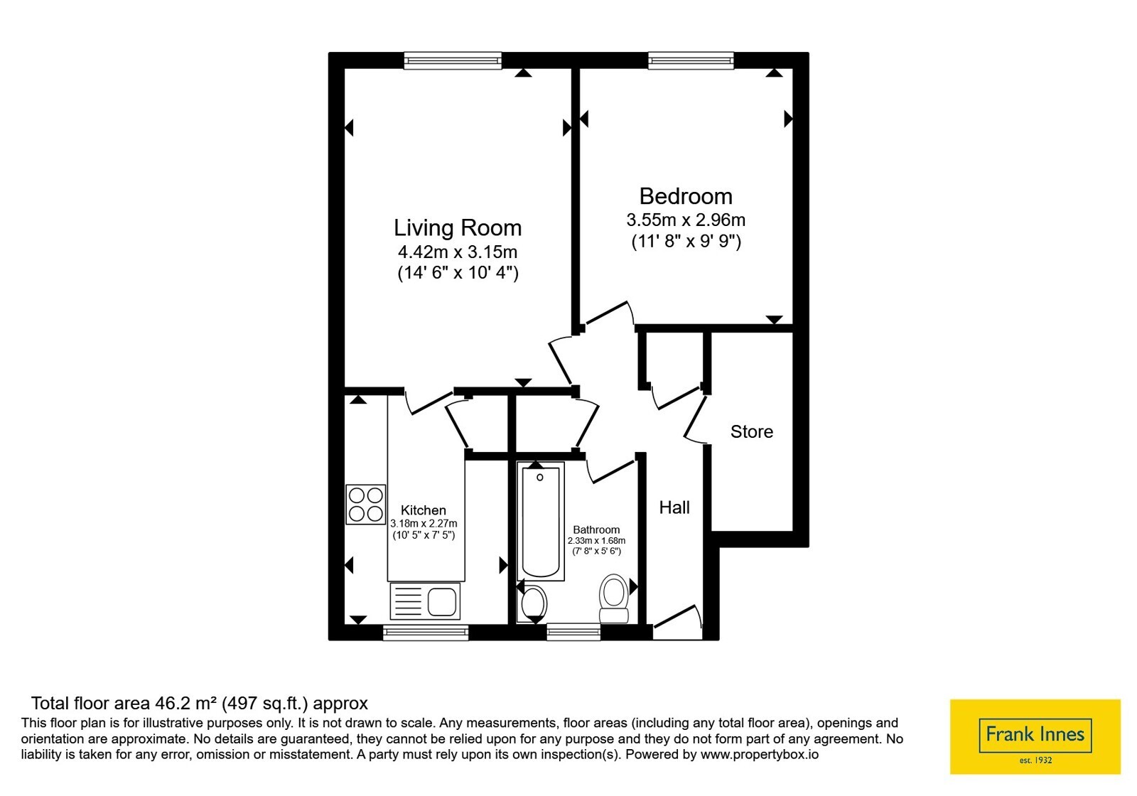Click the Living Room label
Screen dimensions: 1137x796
tap(458, 227)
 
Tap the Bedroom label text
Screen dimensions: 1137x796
tap(686, 196)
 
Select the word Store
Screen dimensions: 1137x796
tap(752, 431)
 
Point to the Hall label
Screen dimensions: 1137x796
tap(674, 507)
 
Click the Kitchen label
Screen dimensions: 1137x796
tap(424, 510)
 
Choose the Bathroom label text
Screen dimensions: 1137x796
tap(596, 529)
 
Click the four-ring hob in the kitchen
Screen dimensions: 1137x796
tap(365, 504)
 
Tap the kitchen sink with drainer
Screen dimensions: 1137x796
tap(425, 601)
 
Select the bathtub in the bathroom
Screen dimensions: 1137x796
tap(541, 522)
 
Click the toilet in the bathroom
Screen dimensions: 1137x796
tap(614, 598)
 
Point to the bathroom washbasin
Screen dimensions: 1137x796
tap(533, 603)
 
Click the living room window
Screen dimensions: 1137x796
tap(453, 60)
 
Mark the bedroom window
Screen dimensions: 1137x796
tap(691, 60)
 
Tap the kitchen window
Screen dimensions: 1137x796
tap(426, 633)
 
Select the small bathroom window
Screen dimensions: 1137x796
tap(573, 633)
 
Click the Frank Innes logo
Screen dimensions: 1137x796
tap(1035, 736)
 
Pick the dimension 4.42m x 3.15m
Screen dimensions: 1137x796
tap(458, 252)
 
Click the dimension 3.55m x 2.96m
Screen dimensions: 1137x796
tap(686, 220)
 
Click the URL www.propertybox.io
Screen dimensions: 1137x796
tap(760, 754)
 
